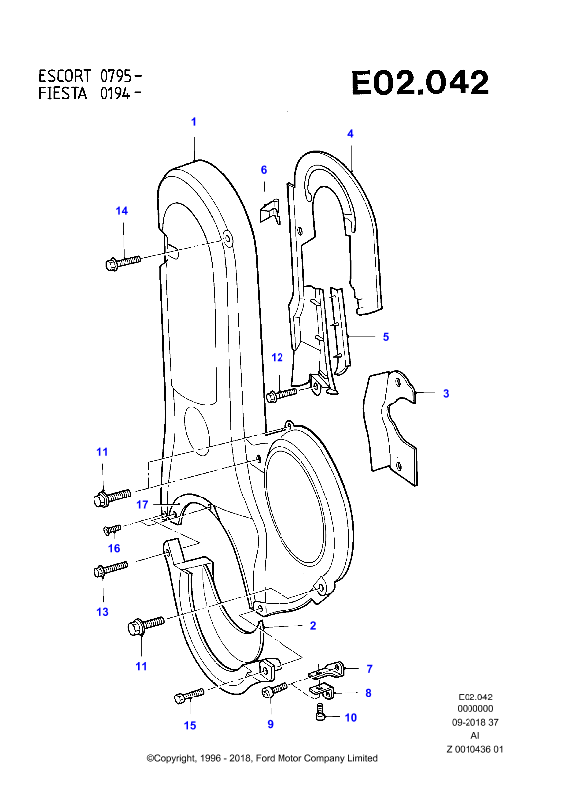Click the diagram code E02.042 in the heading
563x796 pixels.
(x=421, y=83)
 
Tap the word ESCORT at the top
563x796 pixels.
(x=64, y=76)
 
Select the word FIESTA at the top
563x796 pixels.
(x=63, y=94)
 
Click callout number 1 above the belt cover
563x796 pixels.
(x=193, y=122)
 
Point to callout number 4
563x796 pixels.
(x=350, y=134)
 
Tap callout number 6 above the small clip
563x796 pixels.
(x=264, y=170)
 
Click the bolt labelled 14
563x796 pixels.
(x=123, y=263)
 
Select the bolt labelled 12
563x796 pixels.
(x=281, y=394)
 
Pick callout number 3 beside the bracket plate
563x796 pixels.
(x=446, y=393)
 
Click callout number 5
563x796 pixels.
(x=386, y=337)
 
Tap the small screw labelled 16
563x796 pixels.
(x=112, y=530)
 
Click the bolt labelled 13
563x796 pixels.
(x=111, y=569)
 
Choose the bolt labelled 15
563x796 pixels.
(x=189, y=695)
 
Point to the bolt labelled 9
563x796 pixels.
(x=275, y=690)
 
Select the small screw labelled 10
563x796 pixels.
(x=320, y=711)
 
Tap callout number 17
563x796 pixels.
(x=142, y=505)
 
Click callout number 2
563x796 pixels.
(x=313, y=626)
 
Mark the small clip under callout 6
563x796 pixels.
(x=270, y=210)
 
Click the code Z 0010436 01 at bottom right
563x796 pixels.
(x=475, y=749)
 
